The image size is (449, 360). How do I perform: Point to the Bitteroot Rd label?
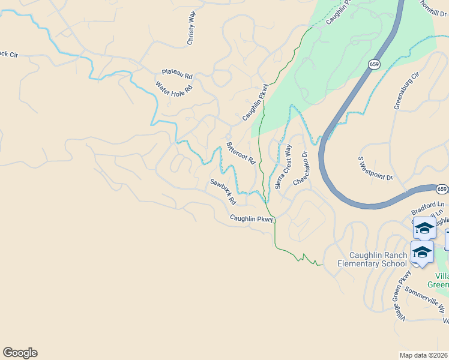tap(241, 154)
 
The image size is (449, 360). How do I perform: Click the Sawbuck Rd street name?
tap(221, 191)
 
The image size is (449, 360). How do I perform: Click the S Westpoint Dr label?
tap(375, 170)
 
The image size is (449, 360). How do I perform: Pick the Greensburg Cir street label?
tap(405, 89)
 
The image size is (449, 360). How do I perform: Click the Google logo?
tap(20, 353)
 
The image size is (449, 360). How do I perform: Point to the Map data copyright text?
tap(424, 355)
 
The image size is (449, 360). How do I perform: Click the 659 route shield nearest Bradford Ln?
tap(442, 190)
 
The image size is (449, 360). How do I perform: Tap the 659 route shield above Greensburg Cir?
tap(375, 64)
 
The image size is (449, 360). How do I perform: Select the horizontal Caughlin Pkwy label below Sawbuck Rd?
tap(252, 219)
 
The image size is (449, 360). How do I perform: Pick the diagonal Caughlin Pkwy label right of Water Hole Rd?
tap(255, 103)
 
